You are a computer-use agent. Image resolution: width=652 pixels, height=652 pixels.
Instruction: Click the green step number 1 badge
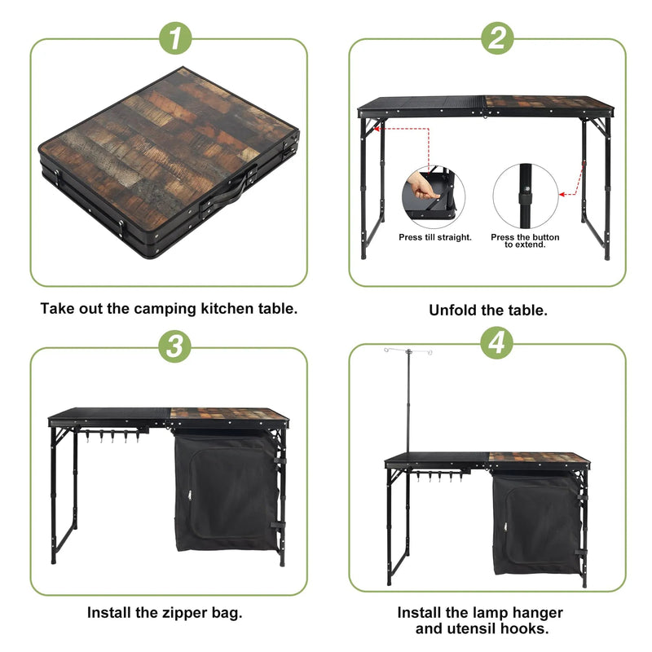pyautogui.click(x=174, y=37)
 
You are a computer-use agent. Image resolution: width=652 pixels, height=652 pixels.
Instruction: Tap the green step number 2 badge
pyautogui.click(x=497, y=37)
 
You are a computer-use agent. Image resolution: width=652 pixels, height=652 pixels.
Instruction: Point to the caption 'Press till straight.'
pyautogui.click(x=435, y=237)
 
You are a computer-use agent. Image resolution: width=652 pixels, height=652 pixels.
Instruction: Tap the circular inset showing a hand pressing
pyautogui.click(x=433, y=196)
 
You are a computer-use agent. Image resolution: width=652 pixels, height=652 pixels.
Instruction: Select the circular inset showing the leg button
pyautogui.click(x=526, y=196)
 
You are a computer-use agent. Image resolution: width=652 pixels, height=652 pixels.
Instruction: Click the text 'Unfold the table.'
pyautogui.click(x=488, y=311)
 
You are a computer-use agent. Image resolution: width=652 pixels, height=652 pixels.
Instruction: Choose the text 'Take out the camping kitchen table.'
pyautogui.click(x=169, y=309)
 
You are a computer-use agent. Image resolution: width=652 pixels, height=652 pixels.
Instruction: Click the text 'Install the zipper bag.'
pyautogui.click(x=165, y=612)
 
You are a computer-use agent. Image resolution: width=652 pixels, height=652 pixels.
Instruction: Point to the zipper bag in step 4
pyautogui.click(x=534, y=522)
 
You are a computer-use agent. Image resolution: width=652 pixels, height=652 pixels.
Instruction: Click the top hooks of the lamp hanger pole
pyautogui.click(x=407, y=351)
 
